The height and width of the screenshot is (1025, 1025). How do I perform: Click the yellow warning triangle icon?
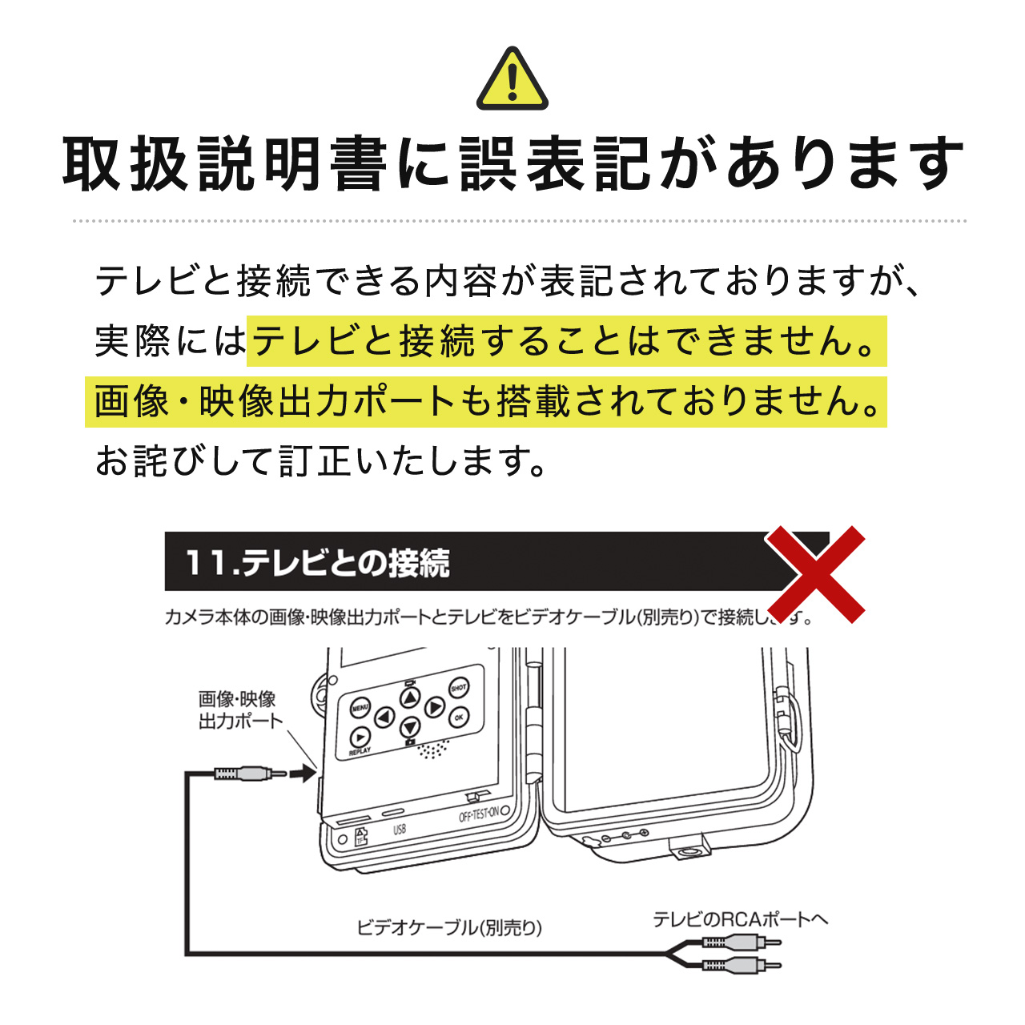pos(512,80)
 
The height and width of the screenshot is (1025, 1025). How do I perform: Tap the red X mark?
pos(816,574)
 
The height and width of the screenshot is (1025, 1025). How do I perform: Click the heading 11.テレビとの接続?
pos(317,563)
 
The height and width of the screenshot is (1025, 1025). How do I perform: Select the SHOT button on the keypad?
pos(459,688)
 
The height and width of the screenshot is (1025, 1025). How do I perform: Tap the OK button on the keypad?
pos(458,717)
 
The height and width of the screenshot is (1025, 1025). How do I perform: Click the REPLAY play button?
pos(360,738)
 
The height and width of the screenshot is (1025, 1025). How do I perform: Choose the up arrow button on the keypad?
pos(410,698)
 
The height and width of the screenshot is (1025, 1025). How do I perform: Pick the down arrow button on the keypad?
pos(410,727)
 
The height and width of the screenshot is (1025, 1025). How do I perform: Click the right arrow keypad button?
pos(434,707)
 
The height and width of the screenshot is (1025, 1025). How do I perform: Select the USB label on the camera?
pos(400,830)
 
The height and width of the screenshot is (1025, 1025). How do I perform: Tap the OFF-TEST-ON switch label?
pos(479,815)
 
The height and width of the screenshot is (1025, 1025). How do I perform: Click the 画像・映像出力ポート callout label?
pos(239,710)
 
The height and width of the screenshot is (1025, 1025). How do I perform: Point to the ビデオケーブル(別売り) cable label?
pos(449,927)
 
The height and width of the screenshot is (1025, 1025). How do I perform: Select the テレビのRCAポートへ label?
pos(740,919)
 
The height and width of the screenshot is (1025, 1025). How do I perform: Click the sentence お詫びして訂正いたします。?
pos(320,461)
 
